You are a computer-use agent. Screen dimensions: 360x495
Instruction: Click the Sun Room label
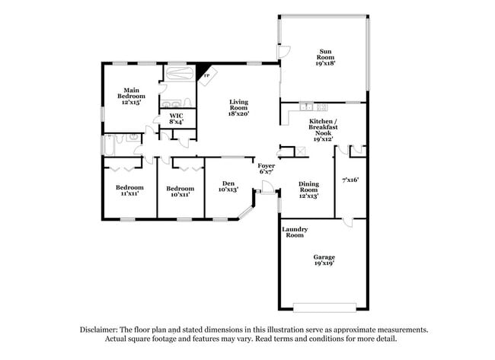326,58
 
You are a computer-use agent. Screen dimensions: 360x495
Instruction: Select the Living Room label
239,107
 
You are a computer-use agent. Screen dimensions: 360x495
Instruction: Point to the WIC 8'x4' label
176,118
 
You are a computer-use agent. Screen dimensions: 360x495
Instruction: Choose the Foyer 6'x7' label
266,169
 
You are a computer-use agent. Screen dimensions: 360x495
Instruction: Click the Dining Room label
308,190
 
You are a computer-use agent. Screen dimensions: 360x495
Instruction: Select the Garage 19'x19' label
324,260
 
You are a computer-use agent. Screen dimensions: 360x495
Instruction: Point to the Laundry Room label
293,232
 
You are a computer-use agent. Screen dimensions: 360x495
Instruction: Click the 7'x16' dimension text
350,180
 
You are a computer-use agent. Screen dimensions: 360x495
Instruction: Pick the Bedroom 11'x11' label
129,191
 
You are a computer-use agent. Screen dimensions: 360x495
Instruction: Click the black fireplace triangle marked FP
203,74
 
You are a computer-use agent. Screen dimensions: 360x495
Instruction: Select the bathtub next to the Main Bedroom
180,75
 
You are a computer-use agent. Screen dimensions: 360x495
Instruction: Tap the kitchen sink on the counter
306,106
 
